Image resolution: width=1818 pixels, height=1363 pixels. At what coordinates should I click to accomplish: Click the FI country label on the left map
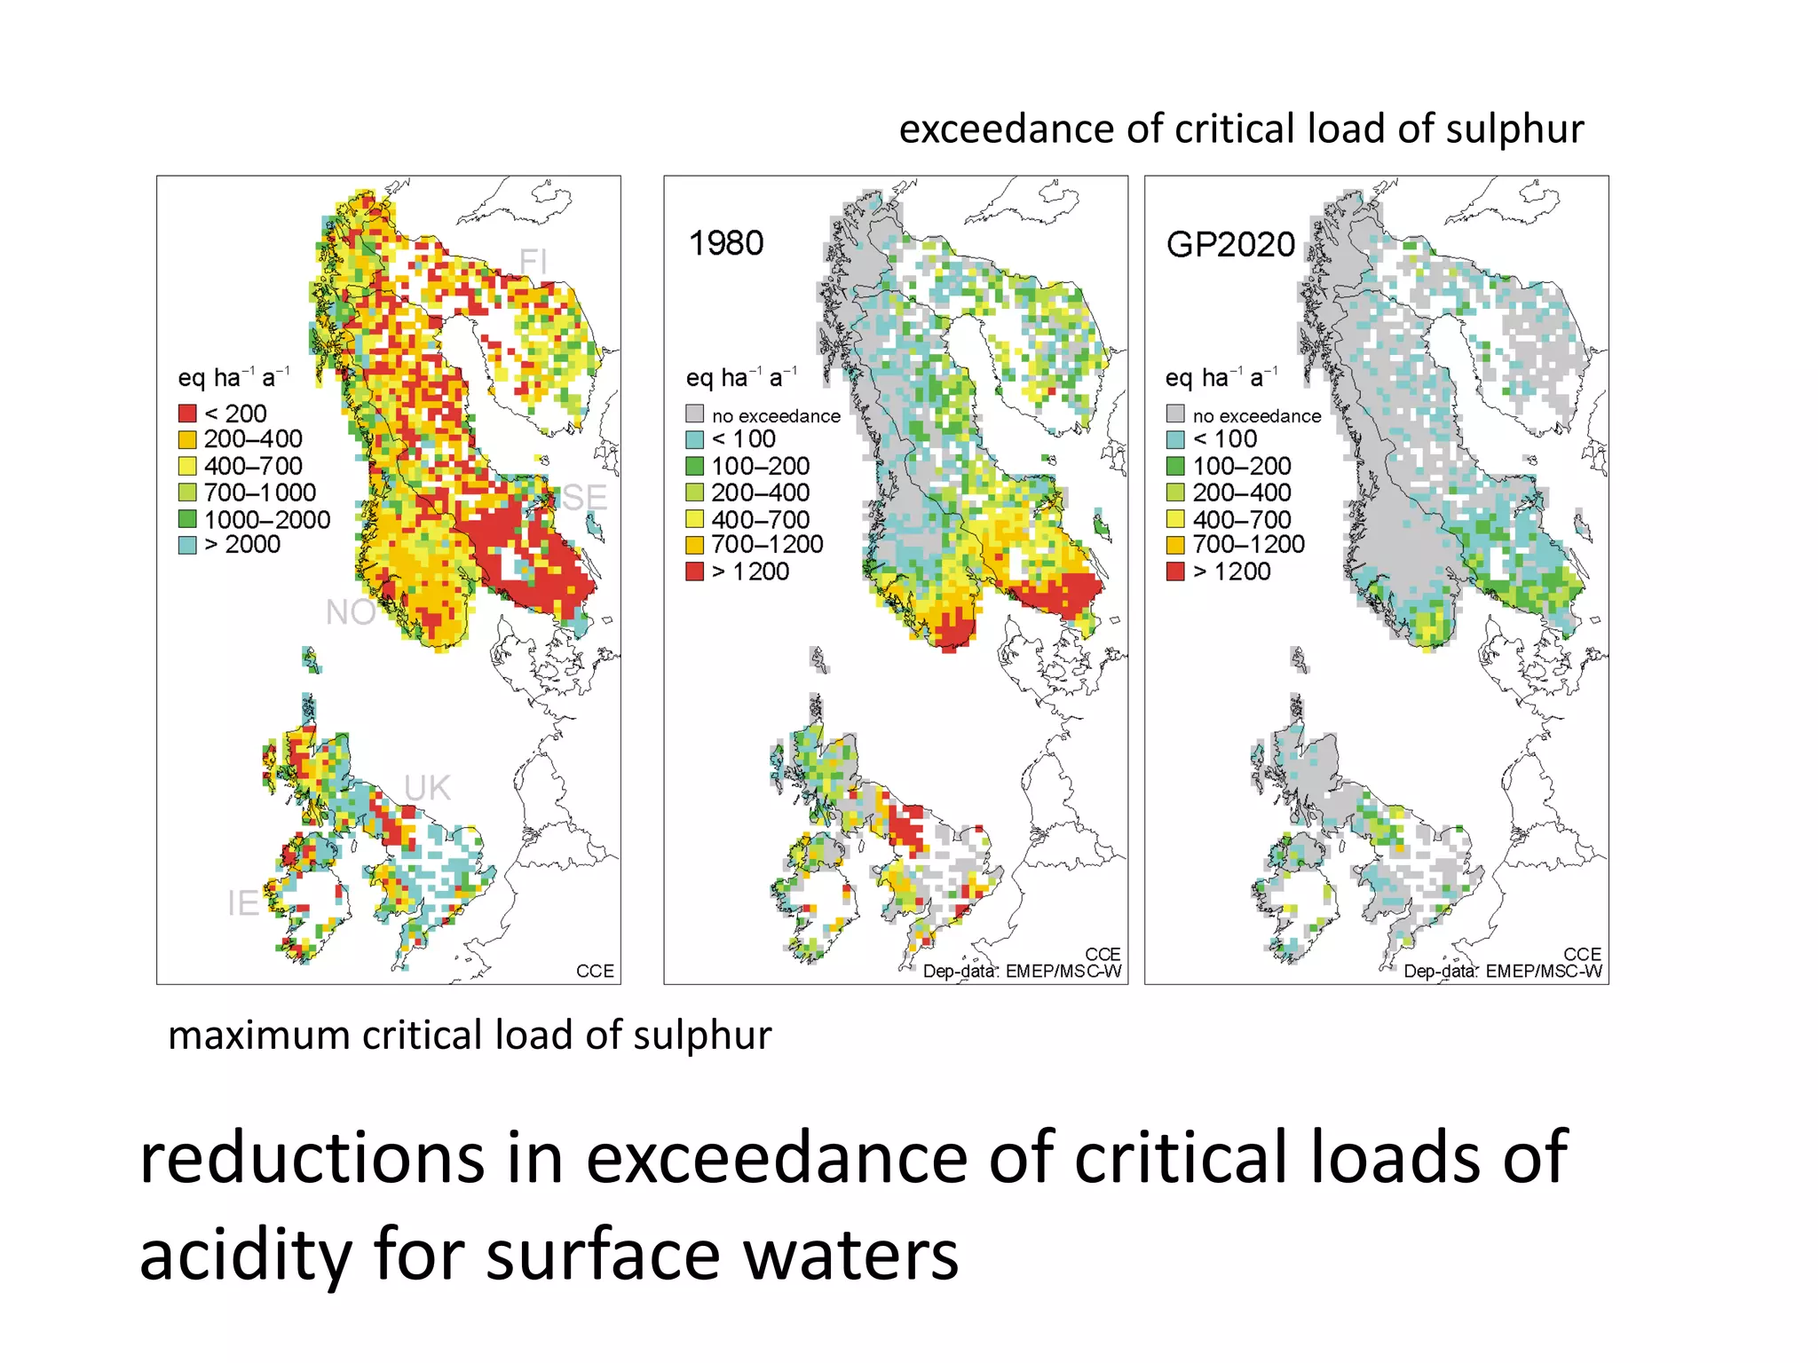click(534, 262)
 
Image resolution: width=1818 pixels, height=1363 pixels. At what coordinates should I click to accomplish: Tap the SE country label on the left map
click(584, 498)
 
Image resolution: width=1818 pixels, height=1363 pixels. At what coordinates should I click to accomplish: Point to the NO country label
click(351, 612)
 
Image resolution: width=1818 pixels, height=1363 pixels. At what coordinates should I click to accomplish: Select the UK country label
click(428, 788)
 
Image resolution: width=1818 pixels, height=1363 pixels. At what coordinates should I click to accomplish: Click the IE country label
click(243, 903)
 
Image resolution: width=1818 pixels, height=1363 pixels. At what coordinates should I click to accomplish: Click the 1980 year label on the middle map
click(726, 243)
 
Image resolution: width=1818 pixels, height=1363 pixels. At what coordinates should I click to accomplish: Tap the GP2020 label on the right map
click(1230, 244)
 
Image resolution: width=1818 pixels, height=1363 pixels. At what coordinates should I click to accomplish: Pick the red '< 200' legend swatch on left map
click(187, 414)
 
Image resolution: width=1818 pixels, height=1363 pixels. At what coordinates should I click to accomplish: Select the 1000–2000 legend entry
click(266, 519)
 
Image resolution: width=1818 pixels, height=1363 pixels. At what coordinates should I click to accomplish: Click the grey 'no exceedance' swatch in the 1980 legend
click(695, 414)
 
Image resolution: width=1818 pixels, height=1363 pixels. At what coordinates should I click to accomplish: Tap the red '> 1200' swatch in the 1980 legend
click(695, 571)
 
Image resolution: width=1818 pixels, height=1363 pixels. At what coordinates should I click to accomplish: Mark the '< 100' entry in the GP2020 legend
click(1225, 439)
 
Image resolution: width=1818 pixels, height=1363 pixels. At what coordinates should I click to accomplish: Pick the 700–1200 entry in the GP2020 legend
click(1248, 545)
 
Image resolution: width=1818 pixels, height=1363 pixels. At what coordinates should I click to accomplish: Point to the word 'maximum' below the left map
click(258, 1036)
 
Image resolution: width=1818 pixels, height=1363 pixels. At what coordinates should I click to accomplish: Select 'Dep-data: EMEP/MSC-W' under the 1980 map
click(1022, 972)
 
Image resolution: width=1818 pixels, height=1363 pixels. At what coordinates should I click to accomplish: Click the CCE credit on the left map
click(595, 972)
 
